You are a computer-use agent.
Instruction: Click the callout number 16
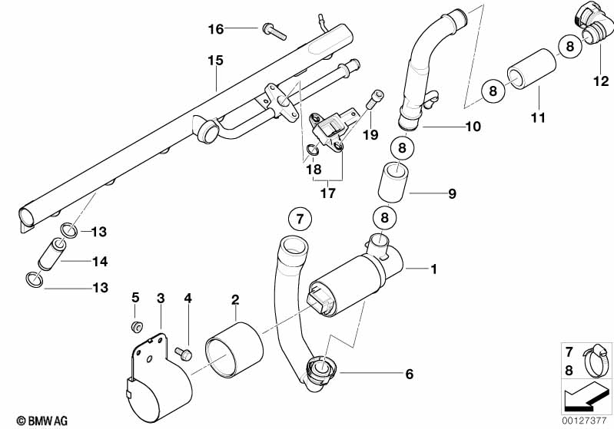216,29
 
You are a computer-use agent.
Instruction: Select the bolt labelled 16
274,31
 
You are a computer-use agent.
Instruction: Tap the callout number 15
215,61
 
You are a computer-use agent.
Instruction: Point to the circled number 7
300,219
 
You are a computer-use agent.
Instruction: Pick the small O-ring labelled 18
312,150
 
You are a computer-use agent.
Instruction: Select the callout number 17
328,193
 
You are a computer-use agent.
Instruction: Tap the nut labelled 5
137,326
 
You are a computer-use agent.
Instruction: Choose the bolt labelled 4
183,354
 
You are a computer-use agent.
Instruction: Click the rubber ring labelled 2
234,350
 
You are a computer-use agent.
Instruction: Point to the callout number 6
409,375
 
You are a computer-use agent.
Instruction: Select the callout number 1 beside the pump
433,269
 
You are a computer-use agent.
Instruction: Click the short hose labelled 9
393,183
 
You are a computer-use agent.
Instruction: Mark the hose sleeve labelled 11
532,70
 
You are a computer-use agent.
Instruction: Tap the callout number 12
601,81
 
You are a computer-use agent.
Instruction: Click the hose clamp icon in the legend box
596,360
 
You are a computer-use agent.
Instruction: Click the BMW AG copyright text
42,421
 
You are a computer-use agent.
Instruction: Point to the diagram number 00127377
584,421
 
